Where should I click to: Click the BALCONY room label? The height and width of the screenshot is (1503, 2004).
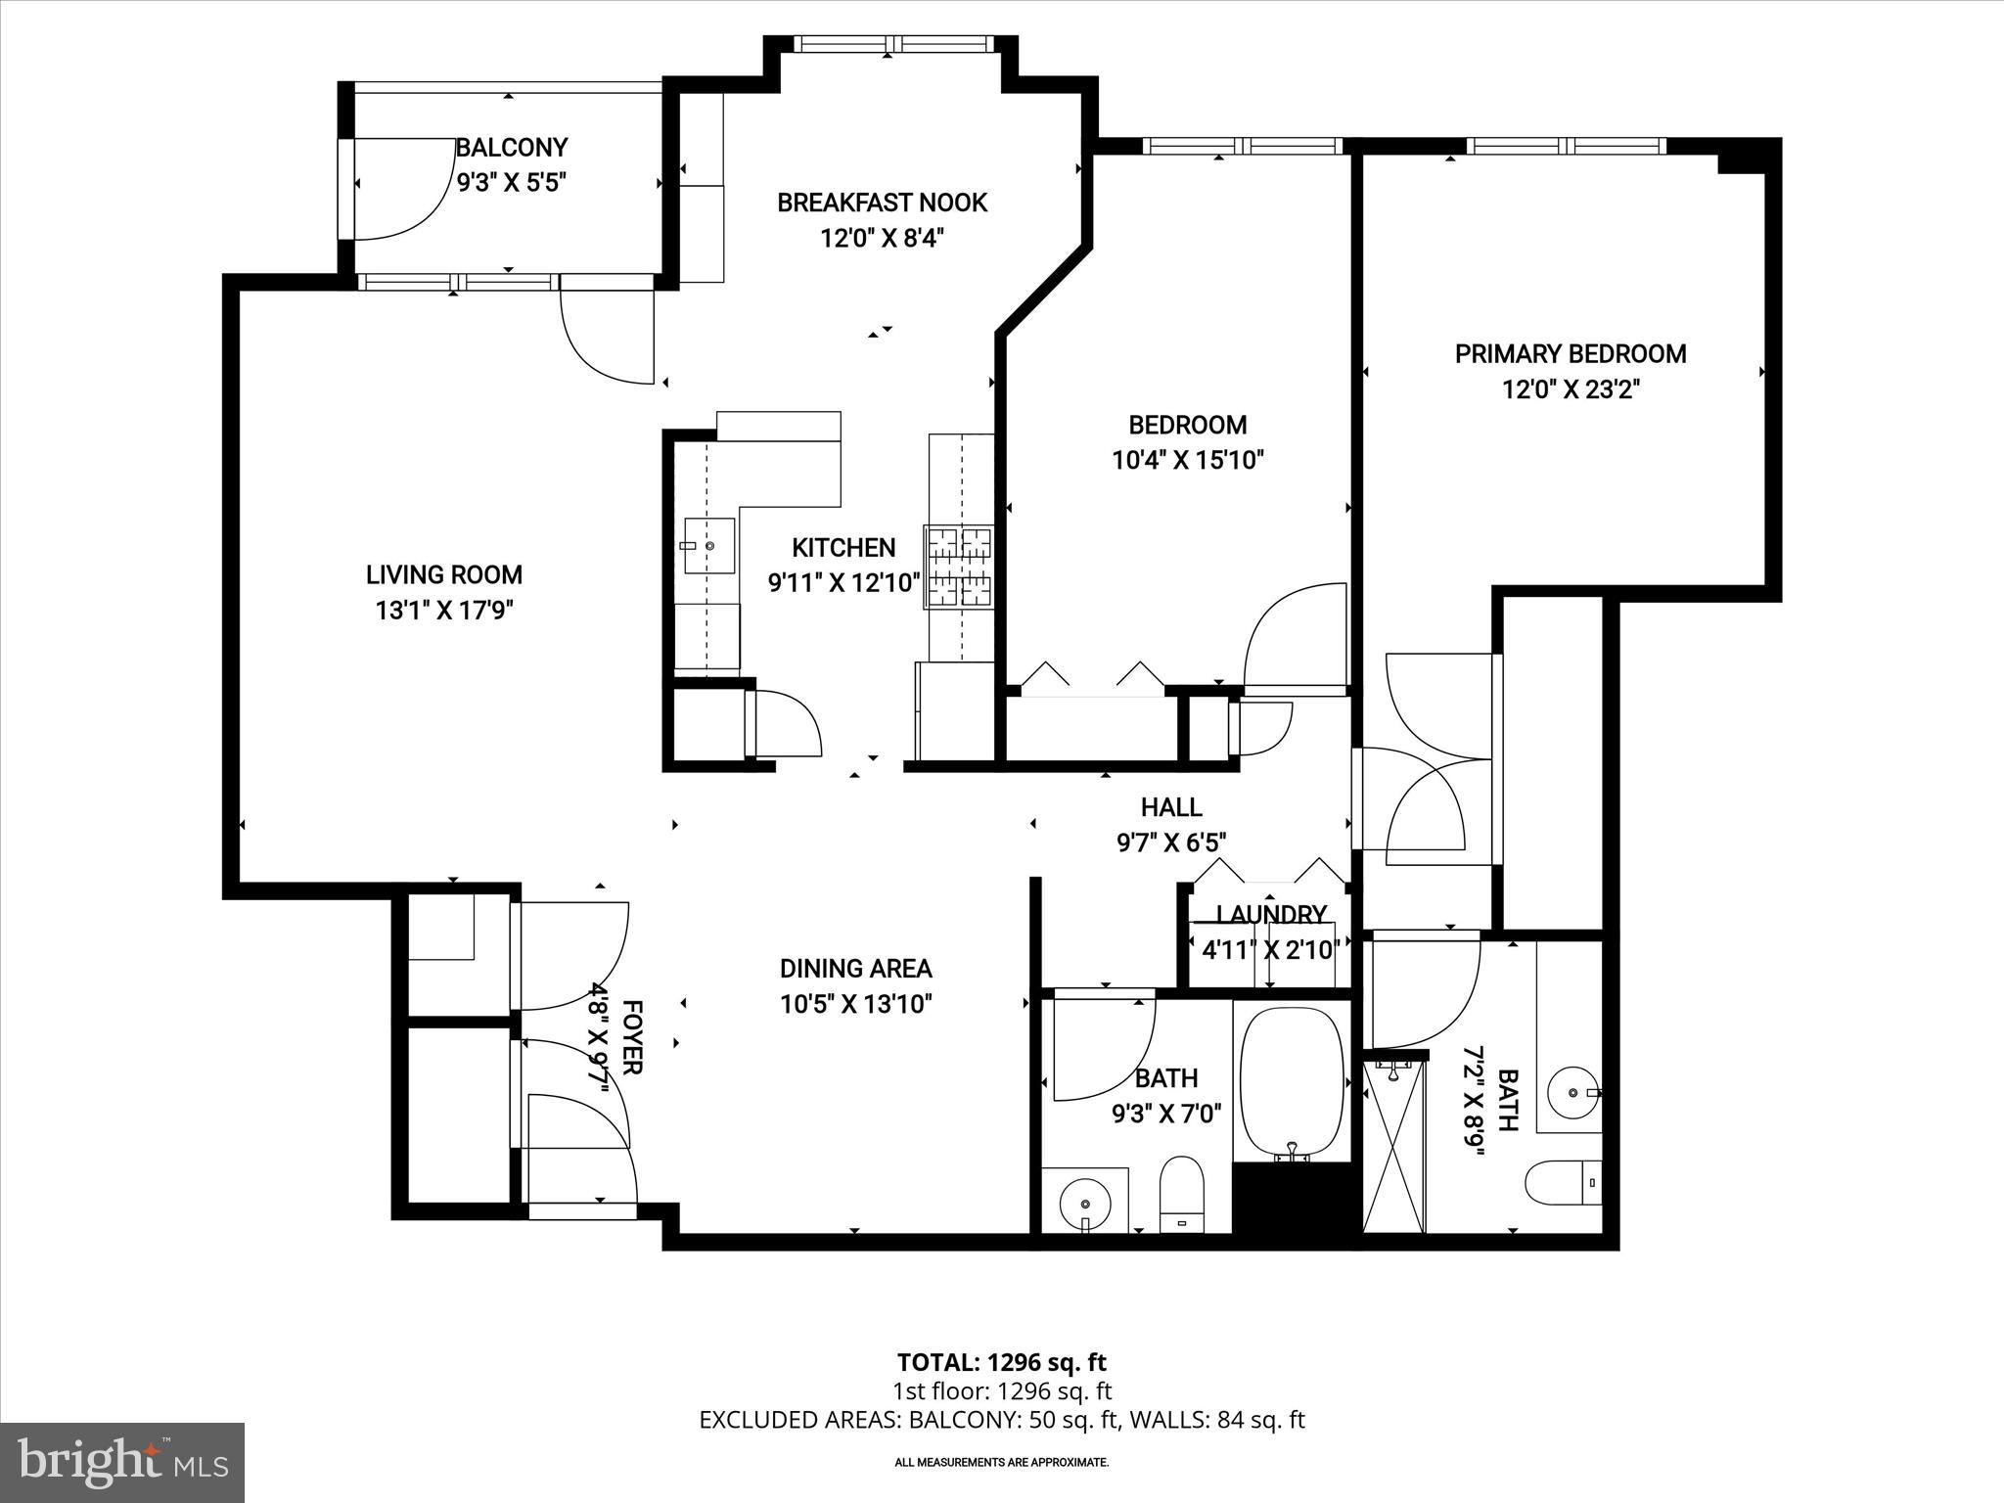coord(512,148)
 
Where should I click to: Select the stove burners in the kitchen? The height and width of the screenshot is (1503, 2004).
coord(959,568)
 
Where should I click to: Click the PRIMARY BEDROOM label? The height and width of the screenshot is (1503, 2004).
coord(1571,354)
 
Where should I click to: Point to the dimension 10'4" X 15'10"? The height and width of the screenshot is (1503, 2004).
coord(1188,460)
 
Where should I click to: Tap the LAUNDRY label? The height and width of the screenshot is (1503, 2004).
coord(1271,914)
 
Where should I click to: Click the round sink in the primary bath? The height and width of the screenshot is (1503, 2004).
coord(1571,1091)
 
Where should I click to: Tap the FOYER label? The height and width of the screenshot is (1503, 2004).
coord(633,1037)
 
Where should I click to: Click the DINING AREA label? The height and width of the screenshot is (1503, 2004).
coord(855,969)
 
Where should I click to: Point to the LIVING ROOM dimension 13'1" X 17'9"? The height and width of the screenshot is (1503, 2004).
coord(444,611)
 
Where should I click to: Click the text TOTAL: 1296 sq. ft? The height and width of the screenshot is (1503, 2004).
coord(1001,1362)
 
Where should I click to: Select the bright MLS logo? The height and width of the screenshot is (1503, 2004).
coord(122,1462)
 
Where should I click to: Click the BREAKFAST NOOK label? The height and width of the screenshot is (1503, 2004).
coord(882,203)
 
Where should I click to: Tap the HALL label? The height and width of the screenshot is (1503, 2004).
coord(1171,807)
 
